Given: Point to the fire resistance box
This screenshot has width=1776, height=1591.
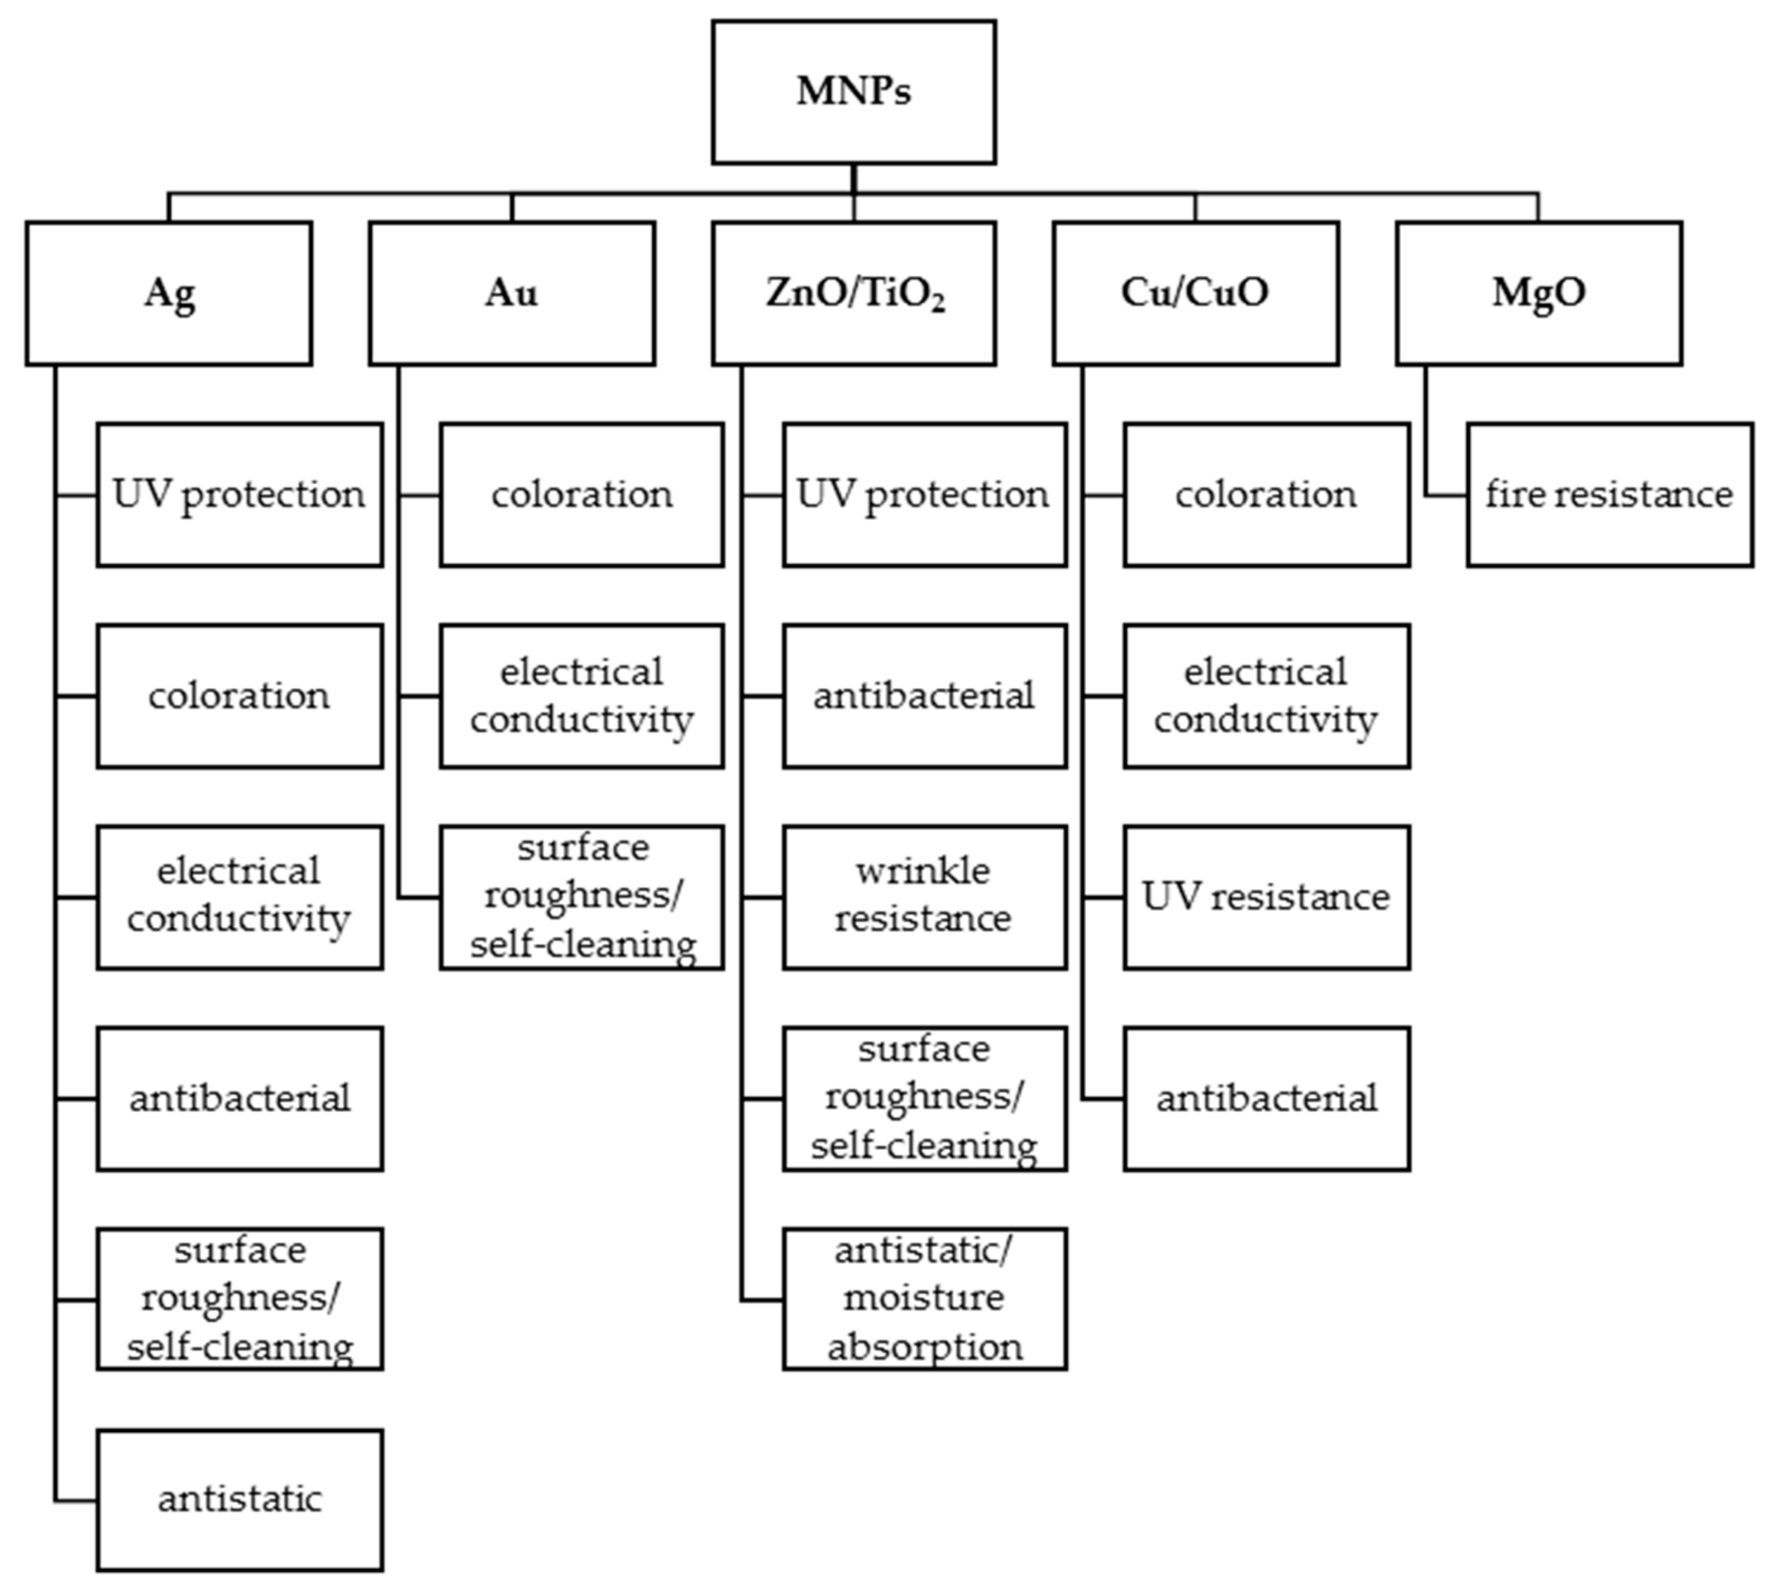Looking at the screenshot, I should click(1609, 495).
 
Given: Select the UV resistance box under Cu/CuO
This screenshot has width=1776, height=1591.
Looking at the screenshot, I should click(1267, 897).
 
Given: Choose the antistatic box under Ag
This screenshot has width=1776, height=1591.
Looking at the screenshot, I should click(240, 1500).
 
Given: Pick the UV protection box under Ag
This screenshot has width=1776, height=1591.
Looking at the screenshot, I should click(240, 495).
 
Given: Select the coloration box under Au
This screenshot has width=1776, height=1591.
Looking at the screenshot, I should click(581, 495).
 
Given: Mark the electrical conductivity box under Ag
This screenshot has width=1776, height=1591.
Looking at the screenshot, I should click(240, 897).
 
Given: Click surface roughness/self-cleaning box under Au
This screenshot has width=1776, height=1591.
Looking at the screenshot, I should click(581, 897).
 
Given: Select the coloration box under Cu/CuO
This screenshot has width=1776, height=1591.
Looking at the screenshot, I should click(1267, 495).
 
